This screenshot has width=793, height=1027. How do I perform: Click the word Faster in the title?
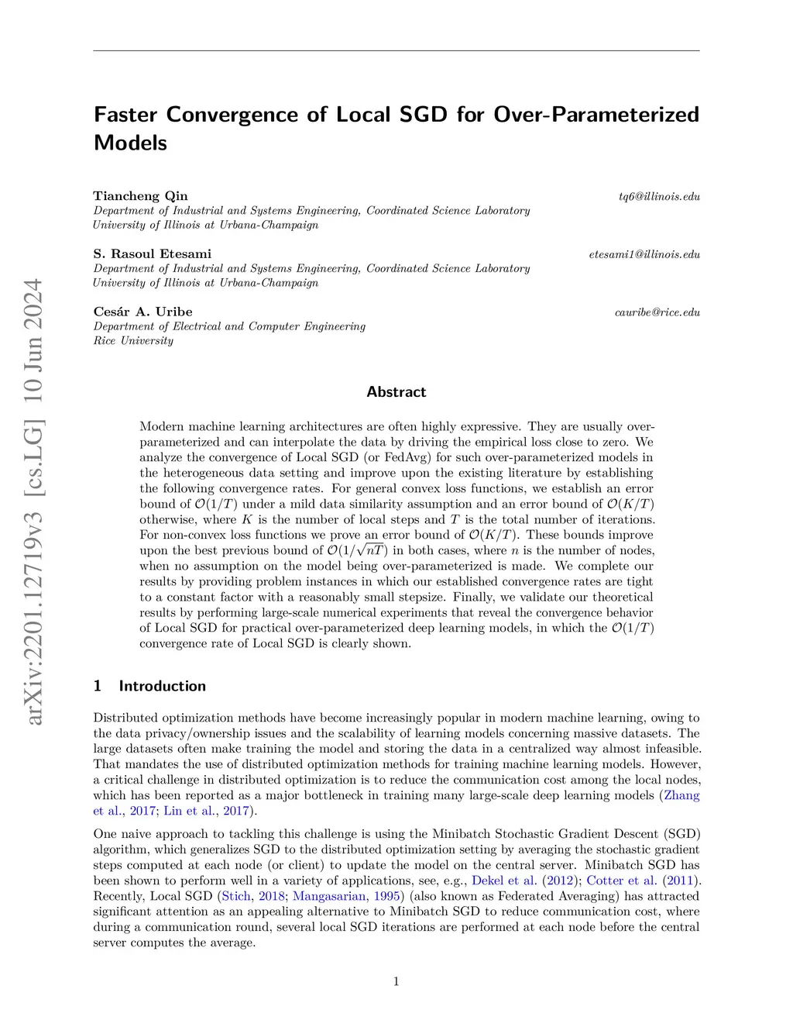(125, 115)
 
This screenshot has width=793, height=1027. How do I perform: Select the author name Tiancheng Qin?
(140, 196)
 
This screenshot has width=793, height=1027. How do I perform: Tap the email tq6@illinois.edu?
(658, 197)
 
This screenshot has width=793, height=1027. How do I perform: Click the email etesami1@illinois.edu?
(644, 254)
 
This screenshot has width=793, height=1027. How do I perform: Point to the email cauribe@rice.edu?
(657, 312)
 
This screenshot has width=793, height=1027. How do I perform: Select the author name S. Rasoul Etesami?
(152, 254)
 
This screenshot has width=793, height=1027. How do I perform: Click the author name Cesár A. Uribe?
(142, 312)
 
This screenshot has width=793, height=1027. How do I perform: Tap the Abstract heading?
(396, 392)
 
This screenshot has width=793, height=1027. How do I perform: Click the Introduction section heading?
(162, 686)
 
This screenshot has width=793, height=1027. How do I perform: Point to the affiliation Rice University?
(133, 341)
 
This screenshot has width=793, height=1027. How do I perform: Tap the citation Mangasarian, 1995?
(348, 896)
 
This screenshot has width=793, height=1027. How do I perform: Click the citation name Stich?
(235, 896)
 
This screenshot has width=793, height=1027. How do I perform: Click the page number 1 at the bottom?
(396, 982)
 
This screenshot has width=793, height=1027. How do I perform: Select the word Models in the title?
(130, 143)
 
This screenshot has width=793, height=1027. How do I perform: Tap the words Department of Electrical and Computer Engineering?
(229, 326)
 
